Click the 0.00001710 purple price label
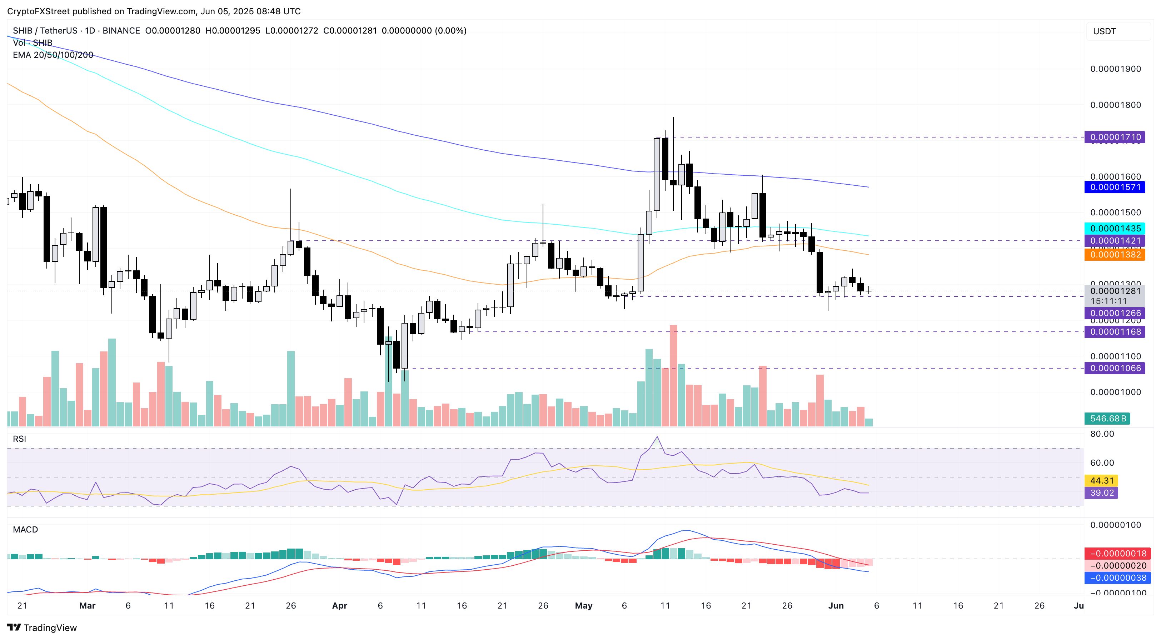(x=1115, y=137)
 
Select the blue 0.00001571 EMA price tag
(x=1115, y=187)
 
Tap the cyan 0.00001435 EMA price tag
(x=1115, y=229)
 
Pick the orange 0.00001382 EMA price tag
(x=1115, y=255)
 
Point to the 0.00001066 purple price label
(x=1115, y=368)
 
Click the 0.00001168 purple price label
(x=1115, y=332)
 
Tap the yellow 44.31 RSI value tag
(x=1101, y=480)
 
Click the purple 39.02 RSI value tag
(x=1101, y=492)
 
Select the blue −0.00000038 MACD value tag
(x=1115, y=578)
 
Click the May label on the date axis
(x=584, y=606)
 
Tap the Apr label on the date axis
(x=339, y=606)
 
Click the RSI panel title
(x=19, y=439)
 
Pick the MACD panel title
(x=25, y=530)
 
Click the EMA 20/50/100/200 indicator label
(x=53, y=55)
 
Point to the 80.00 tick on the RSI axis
(x=1102, y=434)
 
